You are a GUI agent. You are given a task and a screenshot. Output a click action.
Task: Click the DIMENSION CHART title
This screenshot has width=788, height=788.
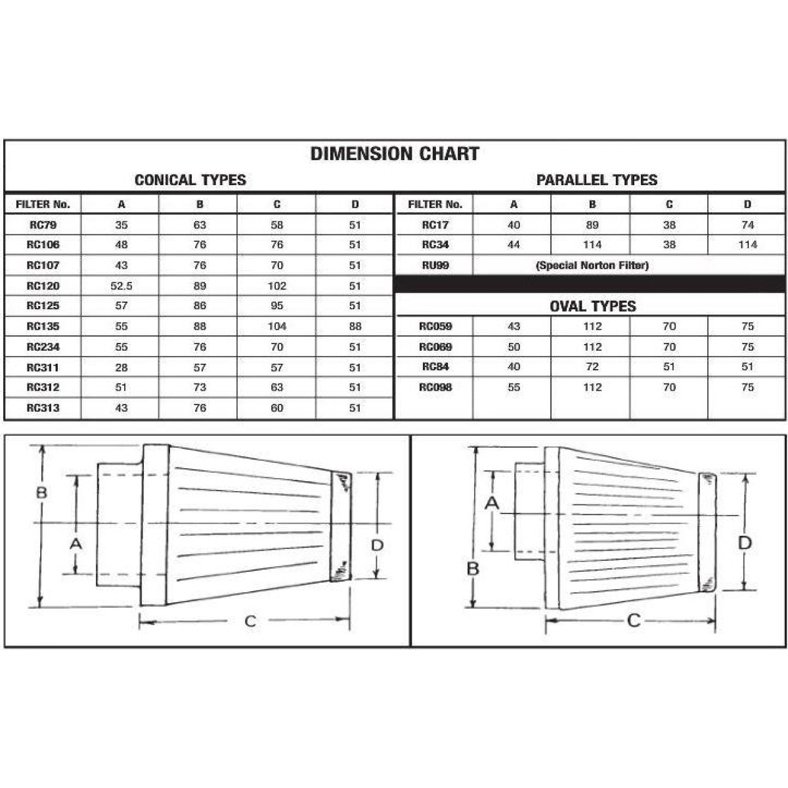(395, 154)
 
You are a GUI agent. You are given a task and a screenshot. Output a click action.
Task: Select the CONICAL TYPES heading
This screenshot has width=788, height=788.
(190, 180)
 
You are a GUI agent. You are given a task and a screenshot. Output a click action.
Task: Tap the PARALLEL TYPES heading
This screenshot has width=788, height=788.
(596, 180)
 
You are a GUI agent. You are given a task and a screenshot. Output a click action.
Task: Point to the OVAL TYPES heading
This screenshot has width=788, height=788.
(592, 306)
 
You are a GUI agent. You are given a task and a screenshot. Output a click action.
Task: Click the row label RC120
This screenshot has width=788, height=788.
(43, 286)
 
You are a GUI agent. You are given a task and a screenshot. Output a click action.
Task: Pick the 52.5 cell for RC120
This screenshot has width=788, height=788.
(121, 286)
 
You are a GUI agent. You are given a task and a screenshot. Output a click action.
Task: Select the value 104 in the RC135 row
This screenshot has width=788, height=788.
(277, 326)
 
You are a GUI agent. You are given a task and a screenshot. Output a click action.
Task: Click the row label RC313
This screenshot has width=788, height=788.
(43, 408)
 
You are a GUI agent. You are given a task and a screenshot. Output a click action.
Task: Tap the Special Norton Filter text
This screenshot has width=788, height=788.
(592, 265)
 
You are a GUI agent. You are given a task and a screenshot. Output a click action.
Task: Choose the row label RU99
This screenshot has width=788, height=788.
(435, 265)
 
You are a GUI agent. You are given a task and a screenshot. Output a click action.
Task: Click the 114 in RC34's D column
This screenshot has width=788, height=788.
(747, 245)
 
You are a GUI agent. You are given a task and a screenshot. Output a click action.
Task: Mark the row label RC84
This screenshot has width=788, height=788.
(435, 367)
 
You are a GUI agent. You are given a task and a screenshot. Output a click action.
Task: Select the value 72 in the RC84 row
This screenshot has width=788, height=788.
(592, 367)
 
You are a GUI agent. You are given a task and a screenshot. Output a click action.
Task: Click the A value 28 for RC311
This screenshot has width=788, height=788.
(121, 368)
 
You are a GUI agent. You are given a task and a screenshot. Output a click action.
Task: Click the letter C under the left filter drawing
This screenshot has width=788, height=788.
(250, 621)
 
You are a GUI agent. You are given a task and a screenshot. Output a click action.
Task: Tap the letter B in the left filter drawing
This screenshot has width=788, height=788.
(41, 492)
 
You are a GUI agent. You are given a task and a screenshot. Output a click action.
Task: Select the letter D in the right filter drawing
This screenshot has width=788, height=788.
(745, 543)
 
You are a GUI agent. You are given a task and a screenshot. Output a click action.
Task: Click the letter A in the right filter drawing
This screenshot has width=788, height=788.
(492, 504)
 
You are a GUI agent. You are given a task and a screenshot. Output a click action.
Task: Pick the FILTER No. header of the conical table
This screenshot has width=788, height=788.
(43, 204)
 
